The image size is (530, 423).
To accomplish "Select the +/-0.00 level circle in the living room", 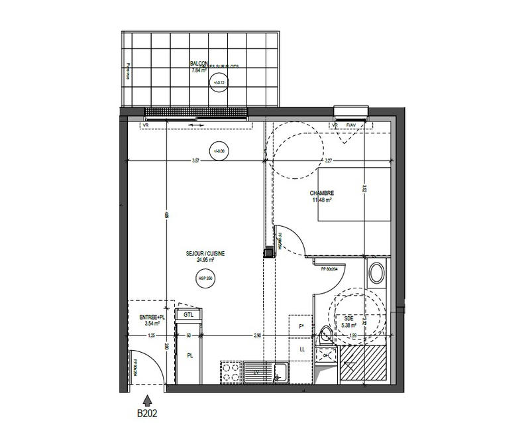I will (x=218, y=151).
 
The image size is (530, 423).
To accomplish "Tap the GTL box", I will (x=189, y=315).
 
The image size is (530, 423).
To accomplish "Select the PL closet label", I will (x=189, y=356).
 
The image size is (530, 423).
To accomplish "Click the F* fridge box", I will (x=301, y=326).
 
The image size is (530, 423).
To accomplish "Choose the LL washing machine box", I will (x=301, y=349).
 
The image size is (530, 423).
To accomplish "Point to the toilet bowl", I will (x=325, y=336).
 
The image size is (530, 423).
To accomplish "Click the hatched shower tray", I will (x=362, y=365).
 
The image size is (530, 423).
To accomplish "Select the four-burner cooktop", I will (x=231, y=371).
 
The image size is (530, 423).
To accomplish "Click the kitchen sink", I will (x=265, y=371).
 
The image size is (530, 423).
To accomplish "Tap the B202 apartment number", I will (x=146, y=412).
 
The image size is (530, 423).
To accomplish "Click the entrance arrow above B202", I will (x=146, y=400).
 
